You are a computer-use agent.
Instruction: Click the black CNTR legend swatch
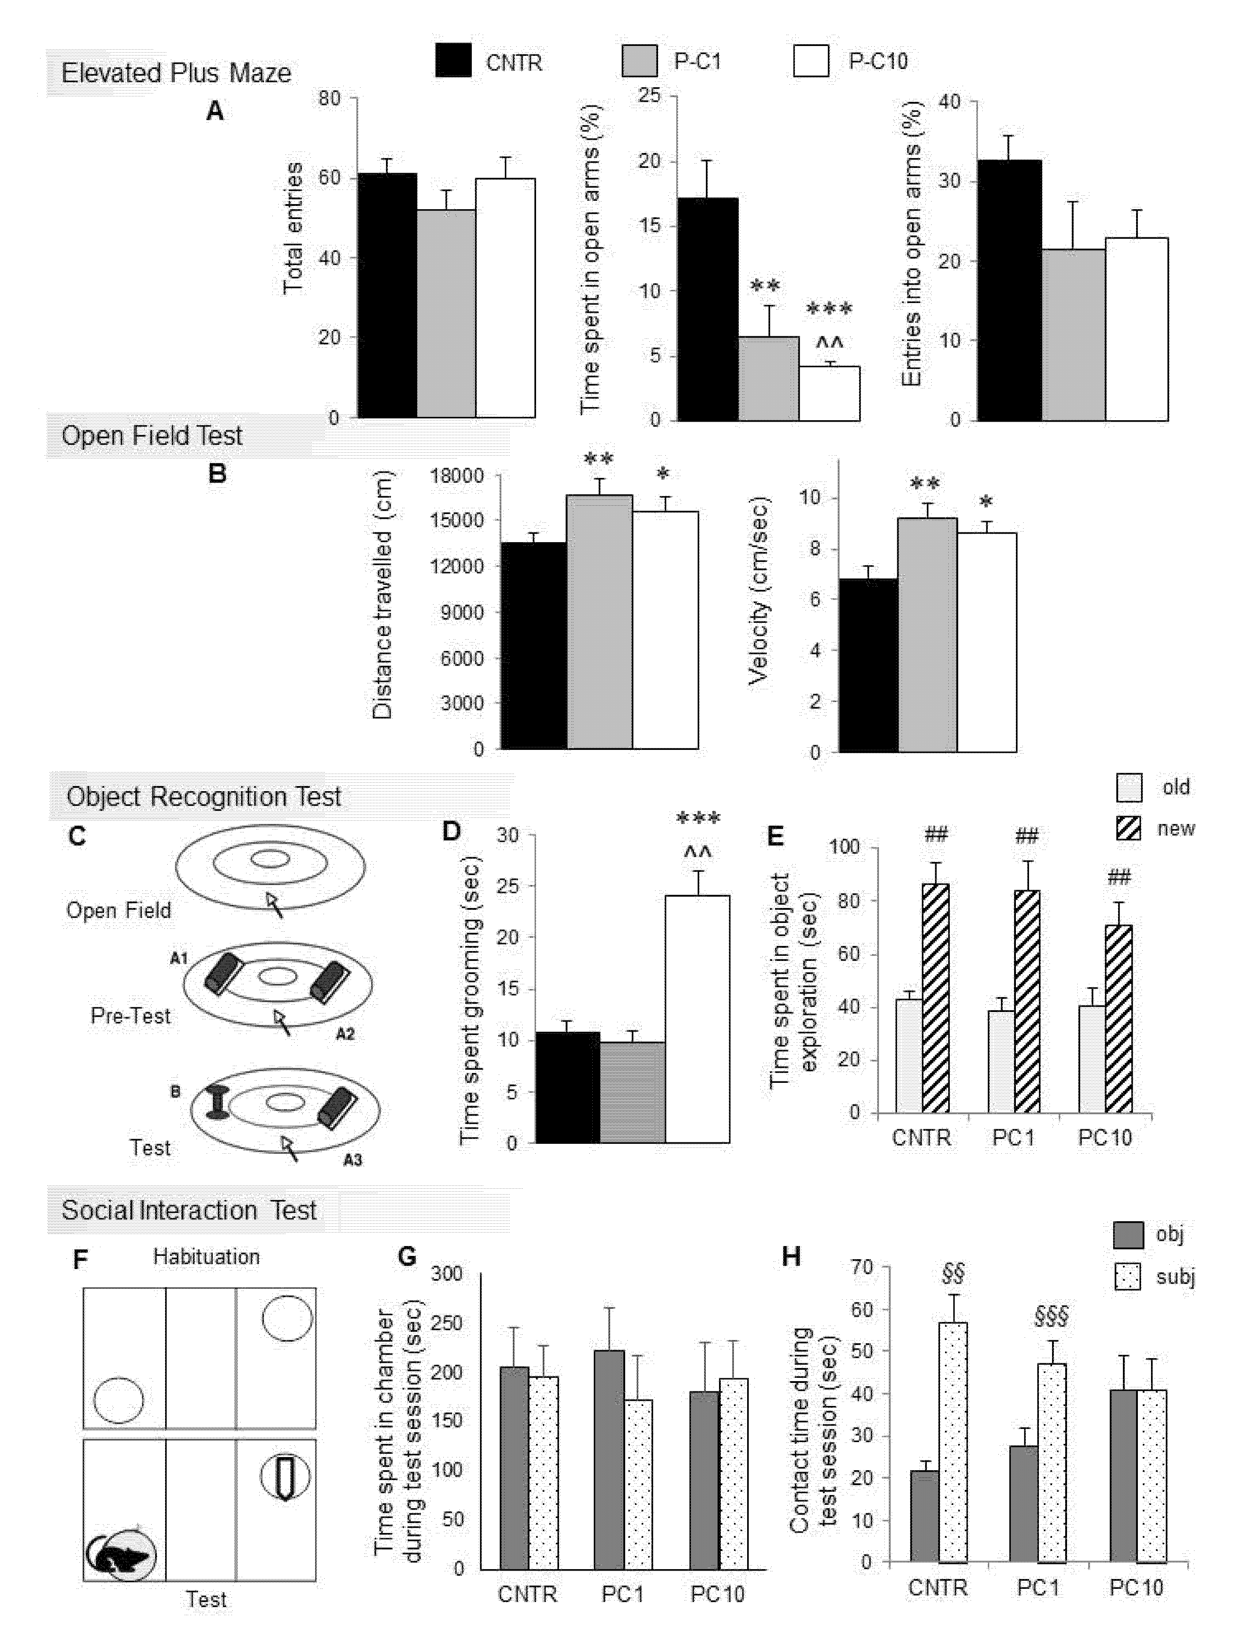(453, 60)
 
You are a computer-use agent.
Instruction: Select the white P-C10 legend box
(811, 60)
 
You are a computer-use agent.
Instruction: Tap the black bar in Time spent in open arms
(707, 309)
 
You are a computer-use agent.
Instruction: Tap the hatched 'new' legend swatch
(1128, 828)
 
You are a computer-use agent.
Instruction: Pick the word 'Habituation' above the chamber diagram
(207, 1257)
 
